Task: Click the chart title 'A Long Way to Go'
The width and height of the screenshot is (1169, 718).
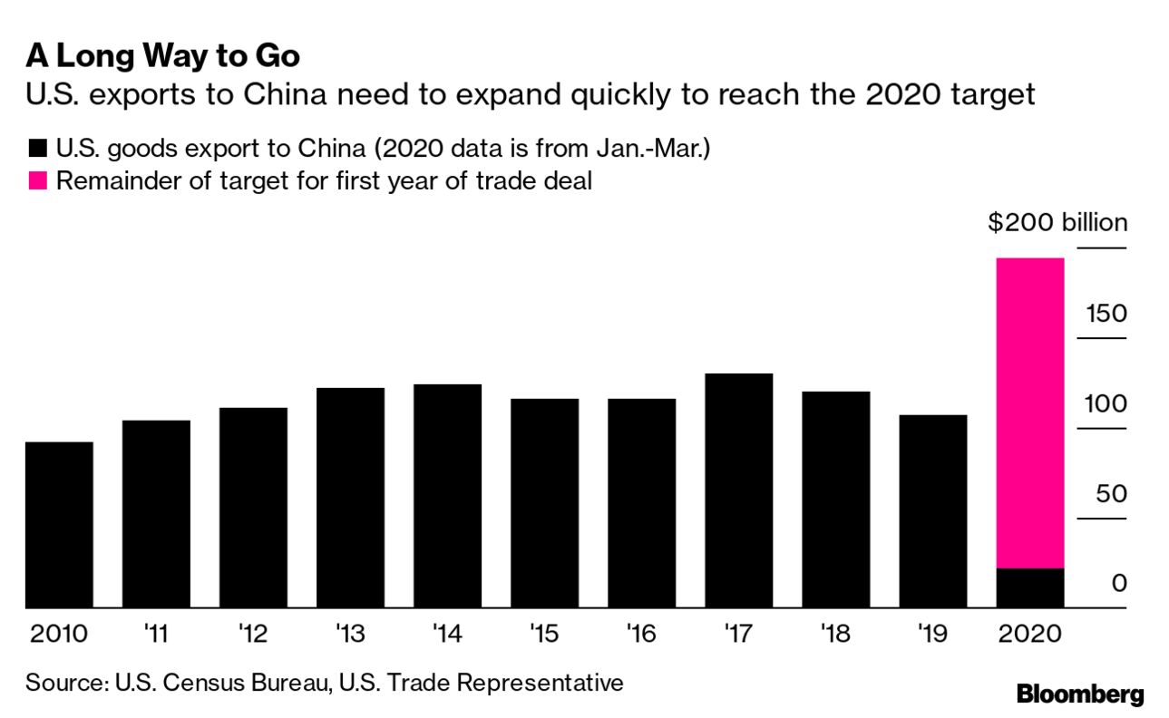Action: (x=163, y=56)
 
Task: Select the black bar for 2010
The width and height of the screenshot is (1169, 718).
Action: (x=59, y=525)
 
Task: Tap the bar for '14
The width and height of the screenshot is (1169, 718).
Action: (x=447, y=496)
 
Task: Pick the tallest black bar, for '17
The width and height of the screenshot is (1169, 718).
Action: (x=738, y=490)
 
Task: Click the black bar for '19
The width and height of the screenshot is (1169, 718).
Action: (x=933, y=511)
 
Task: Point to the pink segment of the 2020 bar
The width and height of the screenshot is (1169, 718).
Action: (x=1030, y=412)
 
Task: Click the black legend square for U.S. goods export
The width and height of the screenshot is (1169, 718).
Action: (x=37, y=149)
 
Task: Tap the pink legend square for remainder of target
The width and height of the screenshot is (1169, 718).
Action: (x=37, y=180)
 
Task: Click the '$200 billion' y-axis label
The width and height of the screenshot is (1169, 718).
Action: (x=1057, y=223)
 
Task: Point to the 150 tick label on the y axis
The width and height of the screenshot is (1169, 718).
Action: (x=1106, y=315)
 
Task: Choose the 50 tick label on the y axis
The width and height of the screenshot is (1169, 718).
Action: (x=1110, y=494)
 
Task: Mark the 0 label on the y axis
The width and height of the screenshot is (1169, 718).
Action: (x=1119, y=583)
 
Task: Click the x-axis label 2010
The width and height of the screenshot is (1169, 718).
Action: (x=59, y=633)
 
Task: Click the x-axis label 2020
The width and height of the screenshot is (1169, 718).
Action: (x=1029, y=633)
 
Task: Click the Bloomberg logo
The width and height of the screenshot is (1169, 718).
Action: (x=1080, y=695)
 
